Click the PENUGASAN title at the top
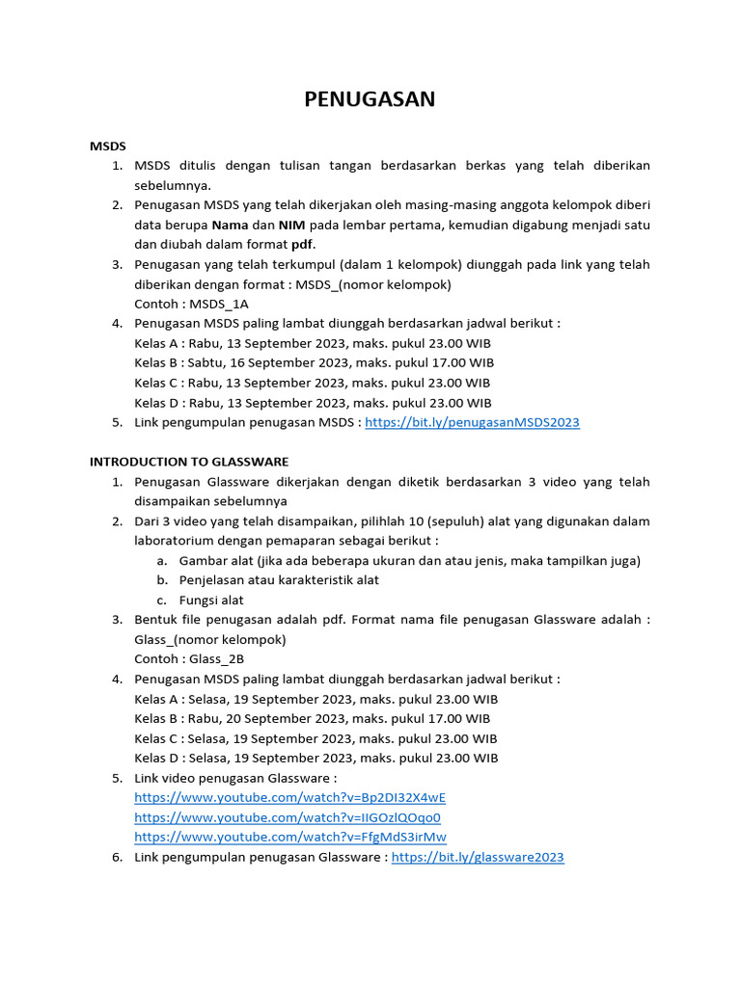(370, 99)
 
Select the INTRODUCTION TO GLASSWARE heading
(189, 462)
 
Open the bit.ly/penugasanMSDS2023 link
(473, 422)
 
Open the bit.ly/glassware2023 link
(478, 856)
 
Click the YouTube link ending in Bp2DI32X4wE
(289, 797)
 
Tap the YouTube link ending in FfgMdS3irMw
(290, 837)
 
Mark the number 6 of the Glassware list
(116, 856)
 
